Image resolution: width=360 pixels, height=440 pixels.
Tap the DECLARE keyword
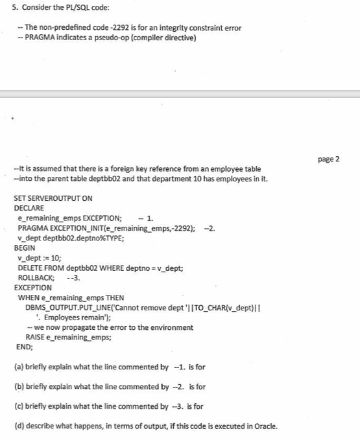pyautogui.click(x=29, y=208)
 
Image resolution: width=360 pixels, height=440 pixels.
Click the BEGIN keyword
pyautogui.click(x=24, y=248)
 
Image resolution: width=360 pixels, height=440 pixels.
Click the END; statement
pyautogui.click(x=23, y=347)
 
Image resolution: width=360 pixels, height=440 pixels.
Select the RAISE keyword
pyautogui.click(x=35, y=337)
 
